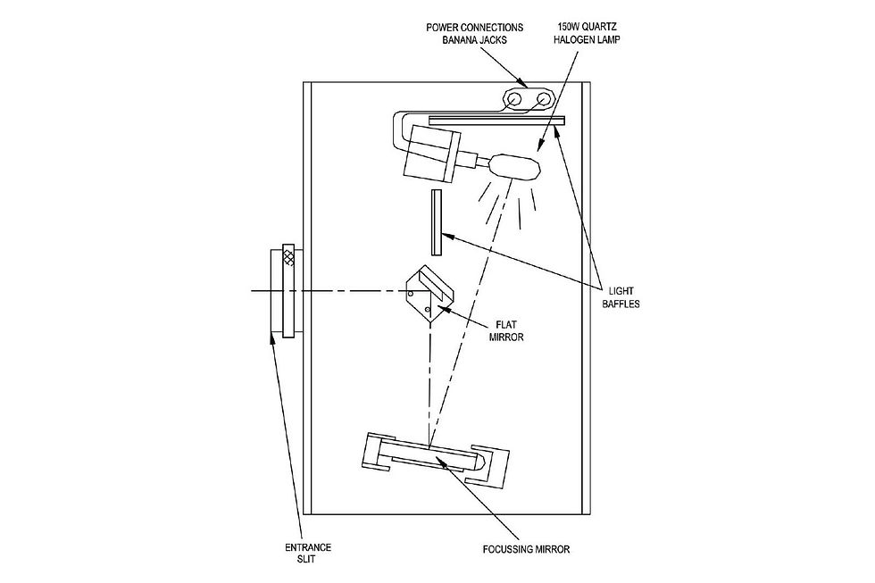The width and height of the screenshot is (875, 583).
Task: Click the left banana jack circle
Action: coord(514,99)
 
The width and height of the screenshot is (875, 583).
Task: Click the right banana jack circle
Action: coord(543,99)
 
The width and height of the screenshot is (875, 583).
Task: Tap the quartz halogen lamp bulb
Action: coord(515,166)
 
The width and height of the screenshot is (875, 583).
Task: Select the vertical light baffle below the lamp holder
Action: coord(437,222)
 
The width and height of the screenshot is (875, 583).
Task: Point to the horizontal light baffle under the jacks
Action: coord(496,120)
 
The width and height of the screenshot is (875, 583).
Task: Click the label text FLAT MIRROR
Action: coord(506,330)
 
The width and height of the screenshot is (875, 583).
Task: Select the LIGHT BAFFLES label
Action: coord(621,297)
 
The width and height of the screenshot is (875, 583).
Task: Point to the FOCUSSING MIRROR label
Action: coord(526,549)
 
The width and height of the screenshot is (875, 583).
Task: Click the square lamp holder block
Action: coord(430,153)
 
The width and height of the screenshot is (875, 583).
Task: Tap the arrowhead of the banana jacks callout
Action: coord(524,84)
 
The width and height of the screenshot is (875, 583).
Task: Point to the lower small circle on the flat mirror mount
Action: coord(428,309)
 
